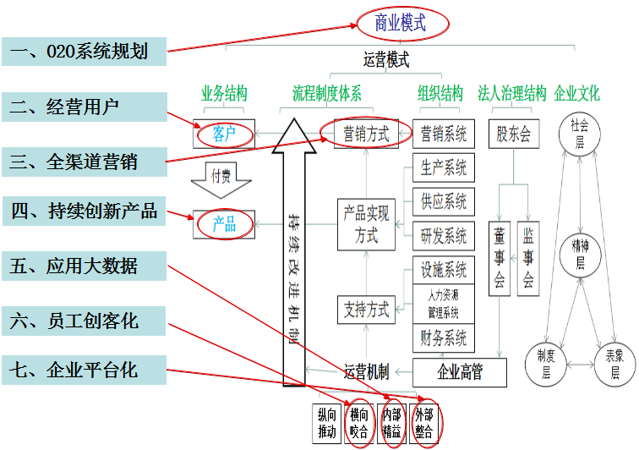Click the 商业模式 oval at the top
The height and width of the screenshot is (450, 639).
(x=401, y=23)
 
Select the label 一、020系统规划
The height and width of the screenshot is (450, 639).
(x=84, y=52)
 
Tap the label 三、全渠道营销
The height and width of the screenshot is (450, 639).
(x=84, y=161)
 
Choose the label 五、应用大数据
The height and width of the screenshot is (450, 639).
(x=84, y=267)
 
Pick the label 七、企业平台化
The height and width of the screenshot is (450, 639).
(x=84, y=370)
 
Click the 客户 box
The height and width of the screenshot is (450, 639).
(x=224, y=134)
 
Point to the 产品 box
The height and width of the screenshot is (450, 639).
(x=224, y=224)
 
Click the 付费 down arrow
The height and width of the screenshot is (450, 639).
(x=221, y=178)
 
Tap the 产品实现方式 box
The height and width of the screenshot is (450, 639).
(x=366, y=225)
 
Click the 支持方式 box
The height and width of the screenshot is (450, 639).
(x=366, y=310)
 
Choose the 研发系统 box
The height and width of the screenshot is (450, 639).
(x=444, y=235)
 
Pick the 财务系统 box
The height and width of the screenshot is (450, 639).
(x=444, y=338)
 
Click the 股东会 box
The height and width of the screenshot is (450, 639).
(x=514, y=134)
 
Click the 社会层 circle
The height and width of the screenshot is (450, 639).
(x=580, y=134)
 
